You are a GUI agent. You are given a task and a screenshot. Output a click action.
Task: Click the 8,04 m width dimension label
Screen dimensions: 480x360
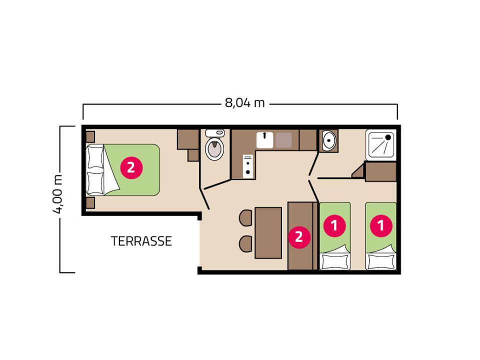[x=244, y=103]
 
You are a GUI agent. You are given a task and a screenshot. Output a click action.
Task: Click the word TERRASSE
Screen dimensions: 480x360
[x=141, y=241]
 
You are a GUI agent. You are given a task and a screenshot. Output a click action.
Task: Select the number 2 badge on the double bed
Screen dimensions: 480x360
[x=131, y=167]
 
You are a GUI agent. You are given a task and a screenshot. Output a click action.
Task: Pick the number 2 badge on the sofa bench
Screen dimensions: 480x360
[x=299, y=236]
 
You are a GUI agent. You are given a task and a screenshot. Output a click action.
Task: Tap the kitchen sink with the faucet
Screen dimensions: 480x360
[x=265, y=140]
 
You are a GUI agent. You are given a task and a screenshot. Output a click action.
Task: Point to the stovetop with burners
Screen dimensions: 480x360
[x=248, y=166]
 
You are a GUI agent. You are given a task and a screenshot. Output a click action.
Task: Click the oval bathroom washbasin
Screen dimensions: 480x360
[x=329, y=140]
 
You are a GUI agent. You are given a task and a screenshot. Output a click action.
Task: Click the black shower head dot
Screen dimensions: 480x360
[x=388, y=137]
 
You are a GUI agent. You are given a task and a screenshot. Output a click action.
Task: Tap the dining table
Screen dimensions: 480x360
[x=268, y=233]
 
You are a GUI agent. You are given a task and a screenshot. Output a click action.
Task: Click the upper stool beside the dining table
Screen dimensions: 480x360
[x=246, y=218]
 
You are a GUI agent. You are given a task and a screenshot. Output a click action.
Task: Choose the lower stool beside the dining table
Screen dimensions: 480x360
[x=246, y=244]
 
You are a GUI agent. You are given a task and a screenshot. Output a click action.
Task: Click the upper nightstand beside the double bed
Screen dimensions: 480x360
[x=90, y=137]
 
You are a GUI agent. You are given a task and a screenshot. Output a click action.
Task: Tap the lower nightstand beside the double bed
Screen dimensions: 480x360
[x=90, y=203]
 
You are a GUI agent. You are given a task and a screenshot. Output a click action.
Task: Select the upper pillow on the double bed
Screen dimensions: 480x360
[x=95, y=157]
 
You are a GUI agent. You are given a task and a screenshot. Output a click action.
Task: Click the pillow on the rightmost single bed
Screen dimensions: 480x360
[x=381, y=261]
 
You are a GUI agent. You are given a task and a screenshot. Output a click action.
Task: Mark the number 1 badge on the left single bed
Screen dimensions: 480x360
[x=334, y=225]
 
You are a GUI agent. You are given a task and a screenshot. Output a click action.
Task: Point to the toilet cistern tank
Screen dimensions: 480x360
[x=215, y=133]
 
